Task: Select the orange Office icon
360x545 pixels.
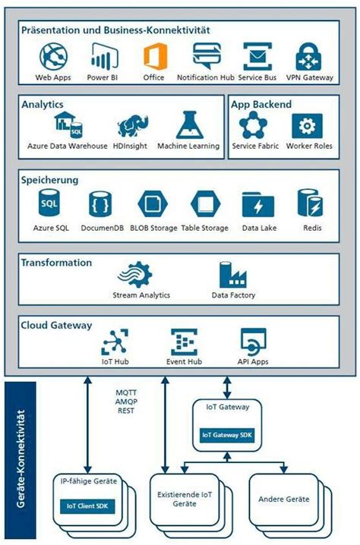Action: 154,56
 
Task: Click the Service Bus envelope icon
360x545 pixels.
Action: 257,56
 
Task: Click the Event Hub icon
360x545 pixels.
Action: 183,343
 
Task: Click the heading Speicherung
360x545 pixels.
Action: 49,180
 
